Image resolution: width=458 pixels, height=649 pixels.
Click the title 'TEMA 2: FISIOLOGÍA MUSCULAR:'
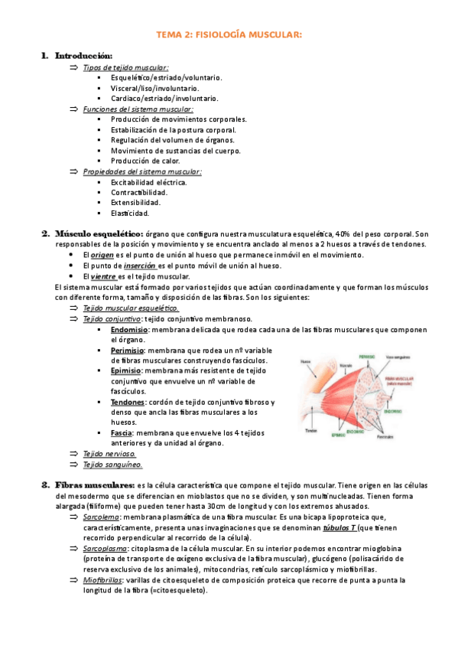(229, 34)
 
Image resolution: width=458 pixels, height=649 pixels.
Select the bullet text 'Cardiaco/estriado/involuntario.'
(164, 98)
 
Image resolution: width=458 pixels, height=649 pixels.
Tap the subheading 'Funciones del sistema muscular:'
(138, 109)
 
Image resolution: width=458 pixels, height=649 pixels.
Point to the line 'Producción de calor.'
(145, 161)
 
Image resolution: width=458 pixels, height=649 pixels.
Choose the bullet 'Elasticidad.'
(129, 214)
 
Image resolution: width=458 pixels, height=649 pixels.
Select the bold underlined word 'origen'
(102, 255)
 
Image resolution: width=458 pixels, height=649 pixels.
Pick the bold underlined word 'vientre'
(103, 276)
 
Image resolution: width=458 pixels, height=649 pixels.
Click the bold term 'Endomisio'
(129, 329)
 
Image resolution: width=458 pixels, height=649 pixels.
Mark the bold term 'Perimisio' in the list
(128, 350)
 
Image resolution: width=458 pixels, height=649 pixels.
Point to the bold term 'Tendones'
(127, 402)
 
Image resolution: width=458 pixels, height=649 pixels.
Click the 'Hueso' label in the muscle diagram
(305, 361)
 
